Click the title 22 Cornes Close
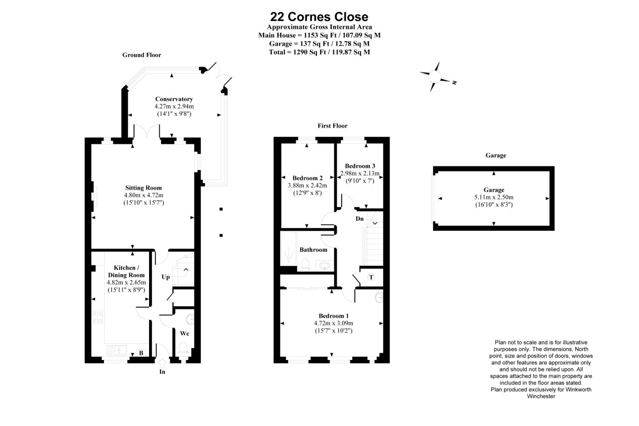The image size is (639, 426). tap(319, 17)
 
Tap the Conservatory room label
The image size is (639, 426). tap(174, 99)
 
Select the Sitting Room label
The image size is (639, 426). tap(144, 188)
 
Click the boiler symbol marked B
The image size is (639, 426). tap(141, 353)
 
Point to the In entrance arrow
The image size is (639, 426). tap(162, 364)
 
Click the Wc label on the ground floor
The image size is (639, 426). tap(184, 333)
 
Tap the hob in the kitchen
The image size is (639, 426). tap(98, 317)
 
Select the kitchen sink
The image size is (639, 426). tap(116, 350)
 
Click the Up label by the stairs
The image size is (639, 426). tap(166, 277)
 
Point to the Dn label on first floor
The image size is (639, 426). tap(360, 219)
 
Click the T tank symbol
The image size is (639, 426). tap(371, 277)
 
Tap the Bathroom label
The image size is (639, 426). tap(313, 250)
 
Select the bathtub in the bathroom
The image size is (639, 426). tap(289, 248)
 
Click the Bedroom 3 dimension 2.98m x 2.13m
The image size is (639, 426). tap(360, 173)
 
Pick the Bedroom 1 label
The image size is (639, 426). tap(334, 316)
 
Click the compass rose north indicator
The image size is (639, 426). tap(454, 83)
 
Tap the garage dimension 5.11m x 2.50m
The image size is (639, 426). tap(494, 197)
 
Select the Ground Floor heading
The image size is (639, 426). tap(142, 55)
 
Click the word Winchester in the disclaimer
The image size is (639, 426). tap(541, 396)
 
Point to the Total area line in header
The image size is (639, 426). tap(319, 52)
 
